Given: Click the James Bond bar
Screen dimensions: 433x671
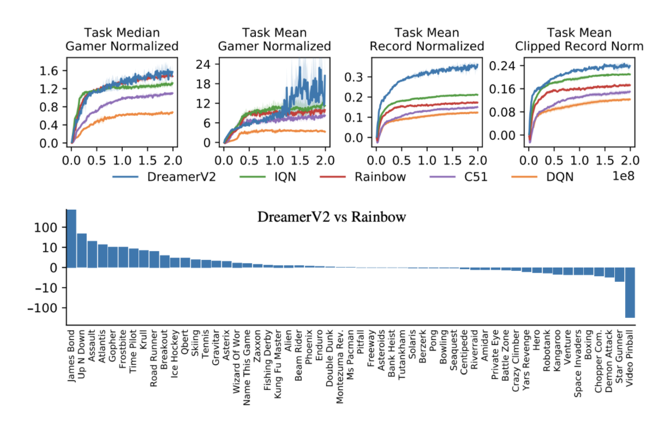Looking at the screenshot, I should point(71,239).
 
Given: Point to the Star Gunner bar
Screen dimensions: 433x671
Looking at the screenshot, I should point(619,275).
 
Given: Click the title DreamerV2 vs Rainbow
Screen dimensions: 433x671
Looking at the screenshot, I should point(332,217).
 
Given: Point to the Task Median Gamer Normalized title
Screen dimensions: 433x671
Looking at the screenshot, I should point(122,39).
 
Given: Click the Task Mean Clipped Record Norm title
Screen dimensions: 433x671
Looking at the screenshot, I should point(579,39).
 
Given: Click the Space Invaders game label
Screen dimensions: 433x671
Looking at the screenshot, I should point(578,363).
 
